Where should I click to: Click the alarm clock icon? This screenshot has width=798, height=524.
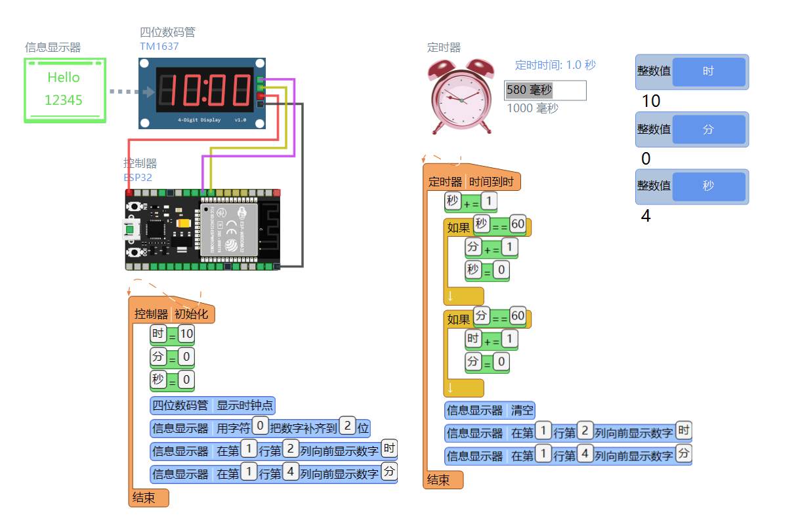(x=461, y=96)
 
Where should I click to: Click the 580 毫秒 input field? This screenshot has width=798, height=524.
(x=545, y=91)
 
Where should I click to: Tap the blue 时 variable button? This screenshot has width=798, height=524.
(x=708, y=71)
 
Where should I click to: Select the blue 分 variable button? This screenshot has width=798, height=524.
(x=708, y=129)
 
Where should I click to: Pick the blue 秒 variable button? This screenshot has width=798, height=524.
(x=708, y=186)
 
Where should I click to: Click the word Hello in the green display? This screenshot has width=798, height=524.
(x=64, y=77)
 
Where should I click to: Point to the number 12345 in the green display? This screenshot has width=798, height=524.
(x=64, y=100)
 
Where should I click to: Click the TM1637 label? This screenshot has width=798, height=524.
(x=159, y=47)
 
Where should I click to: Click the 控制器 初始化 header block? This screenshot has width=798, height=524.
(x=171, y=313)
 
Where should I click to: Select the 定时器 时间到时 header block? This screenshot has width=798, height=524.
(x=471, y=182)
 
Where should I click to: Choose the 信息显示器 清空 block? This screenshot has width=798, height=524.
(x=490, y=411)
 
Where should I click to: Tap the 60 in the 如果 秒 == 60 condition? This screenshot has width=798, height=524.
(x=518, y=224)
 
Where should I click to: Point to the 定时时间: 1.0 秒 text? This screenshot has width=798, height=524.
(x=555, y=65)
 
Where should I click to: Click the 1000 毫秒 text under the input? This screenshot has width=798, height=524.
(x=532, y=108)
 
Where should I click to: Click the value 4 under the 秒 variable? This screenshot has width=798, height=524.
(x=646, y=216)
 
